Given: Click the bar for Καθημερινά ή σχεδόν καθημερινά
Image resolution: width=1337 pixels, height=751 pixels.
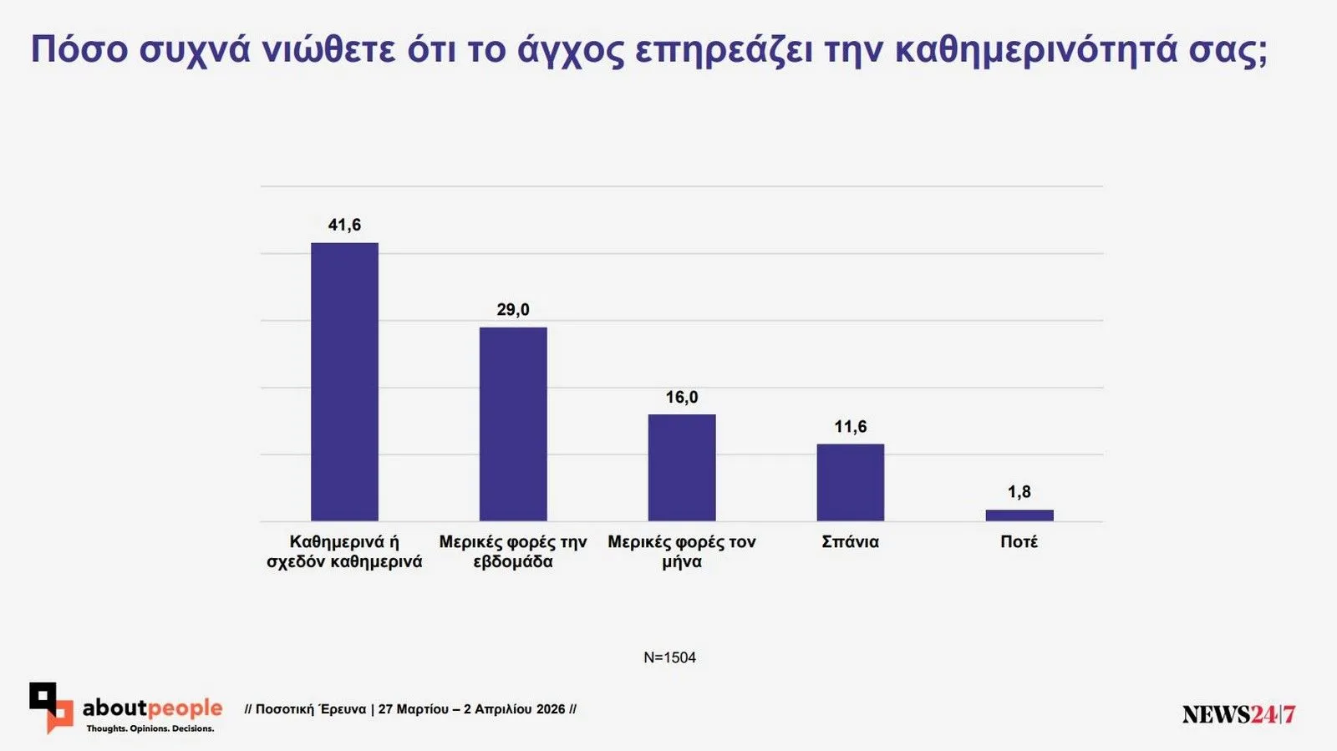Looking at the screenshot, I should [x=344, y=382].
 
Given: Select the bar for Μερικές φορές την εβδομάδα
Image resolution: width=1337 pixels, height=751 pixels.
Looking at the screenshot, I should [x=513, y=424].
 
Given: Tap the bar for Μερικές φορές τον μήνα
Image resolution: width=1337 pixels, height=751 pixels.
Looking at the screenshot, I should [x=682, y=467].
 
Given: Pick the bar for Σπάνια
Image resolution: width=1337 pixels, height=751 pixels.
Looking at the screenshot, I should [x=850, y=482].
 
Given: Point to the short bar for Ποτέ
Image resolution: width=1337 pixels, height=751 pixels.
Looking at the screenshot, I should [x=1019, y=515].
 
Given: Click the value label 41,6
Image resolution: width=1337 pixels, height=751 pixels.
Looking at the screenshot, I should [x=344, y=225].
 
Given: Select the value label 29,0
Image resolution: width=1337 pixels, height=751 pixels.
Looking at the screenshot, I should [x=513, y=310].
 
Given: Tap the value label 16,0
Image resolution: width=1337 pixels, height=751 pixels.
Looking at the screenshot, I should [x=682, y=398].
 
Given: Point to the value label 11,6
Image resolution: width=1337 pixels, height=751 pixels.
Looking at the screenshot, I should [x=850, y=427].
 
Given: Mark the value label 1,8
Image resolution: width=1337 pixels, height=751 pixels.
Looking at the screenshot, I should [x=1019, y=492].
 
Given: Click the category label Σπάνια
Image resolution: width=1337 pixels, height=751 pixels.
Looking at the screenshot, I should [x=850, y=542].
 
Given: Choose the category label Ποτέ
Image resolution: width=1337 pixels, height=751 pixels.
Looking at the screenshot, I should [x=1019, y=542].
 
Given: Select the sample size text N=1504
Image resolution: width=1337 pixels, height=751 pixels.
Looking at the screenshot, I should [x=669, y=657].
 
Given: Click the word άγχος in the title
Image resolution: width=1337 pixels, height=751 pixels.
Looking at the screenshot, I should [x=570, y=50].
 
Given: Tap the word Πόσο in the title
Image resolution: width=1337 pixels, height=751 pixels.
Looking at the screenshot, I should [x=79, y=50].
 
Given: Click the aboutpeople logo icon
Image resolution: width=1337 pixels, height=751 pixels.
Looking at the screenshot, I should [x=50, y=707].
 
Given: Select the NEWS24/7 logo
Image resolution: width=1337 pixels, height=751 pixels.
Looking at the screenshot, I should [x=1238, y=714].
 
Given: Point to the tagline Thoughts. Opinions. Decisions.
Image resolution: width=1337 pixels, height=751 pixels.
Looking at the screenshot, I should [x=150, y=728].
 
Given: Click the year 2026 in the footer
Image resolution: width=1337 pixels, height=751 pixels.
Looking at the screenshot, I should [x=551, y=709].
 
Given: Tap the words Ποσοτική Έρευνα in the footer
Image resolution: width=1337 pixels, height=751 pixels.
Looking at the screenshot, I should [x=310, y=709].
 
